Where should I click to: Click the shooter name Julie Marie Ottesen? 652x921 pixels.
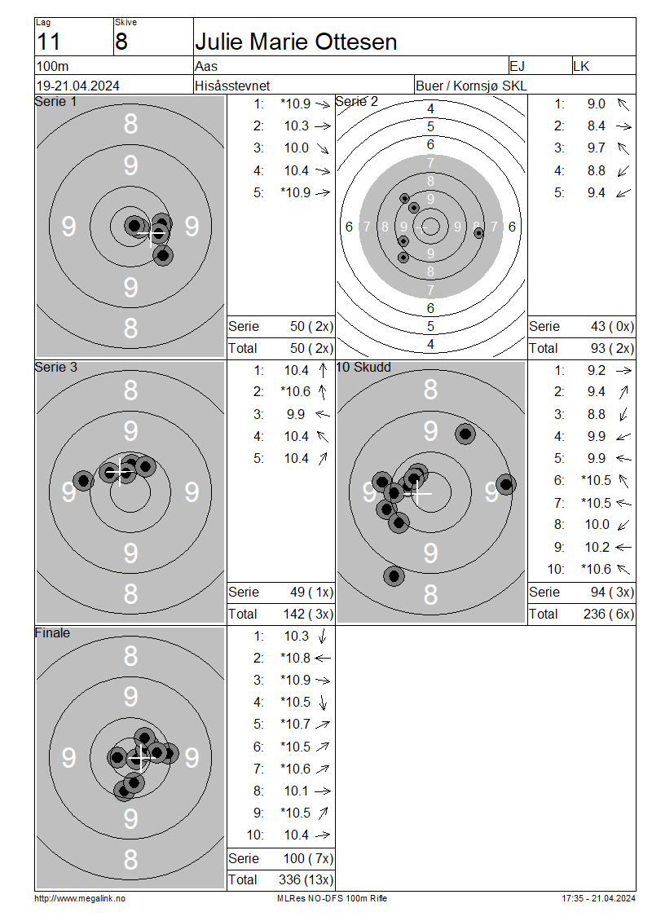tap(296, 42)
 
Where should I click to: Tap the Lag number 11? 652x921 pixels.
tap(49, 42)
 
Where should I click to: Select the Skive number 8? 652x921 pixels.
tap(121, 42)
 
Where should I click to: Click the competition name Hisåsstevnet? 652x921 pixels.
tap(232, 86)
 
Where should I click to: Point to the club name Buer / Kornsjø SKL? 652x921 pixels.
tap(471, 86)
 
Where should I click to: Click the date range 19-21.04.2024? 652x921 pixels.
tap(78, 86)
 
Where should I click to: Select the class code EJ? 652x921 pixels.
tap(517, 66)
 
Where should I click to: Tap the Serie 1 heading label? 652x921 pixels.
tap(55, 102)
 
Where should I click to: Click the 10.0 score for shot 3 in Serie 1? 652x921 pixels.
tap(297, 148)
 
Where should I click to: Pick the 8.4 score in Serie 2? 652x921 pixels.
tap(597, 126)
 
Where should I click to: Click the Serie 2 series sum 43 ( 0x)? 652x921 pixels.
tap(612, 327)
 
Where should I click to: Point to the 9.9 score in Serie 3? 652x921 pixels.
tap(296, 415)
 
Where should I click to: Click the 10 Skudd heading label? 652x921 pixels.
tap(363, 367)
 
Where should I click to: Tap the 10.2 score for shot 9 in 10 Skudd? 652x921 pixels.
tap(597, 548)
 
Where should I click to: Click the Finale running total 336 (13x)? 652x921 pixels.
tap(306, 880)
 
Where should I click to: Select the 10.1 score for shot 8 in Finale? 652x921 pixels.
tap(297, 791)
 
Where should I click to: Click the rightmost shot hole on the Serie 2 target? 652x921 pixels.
tap(478, 233)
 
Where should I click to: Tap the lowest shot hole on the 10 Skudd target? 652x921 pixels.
tap(394, 576)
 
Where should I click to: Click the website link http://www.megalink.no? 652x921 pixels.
tap(80, 899)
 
